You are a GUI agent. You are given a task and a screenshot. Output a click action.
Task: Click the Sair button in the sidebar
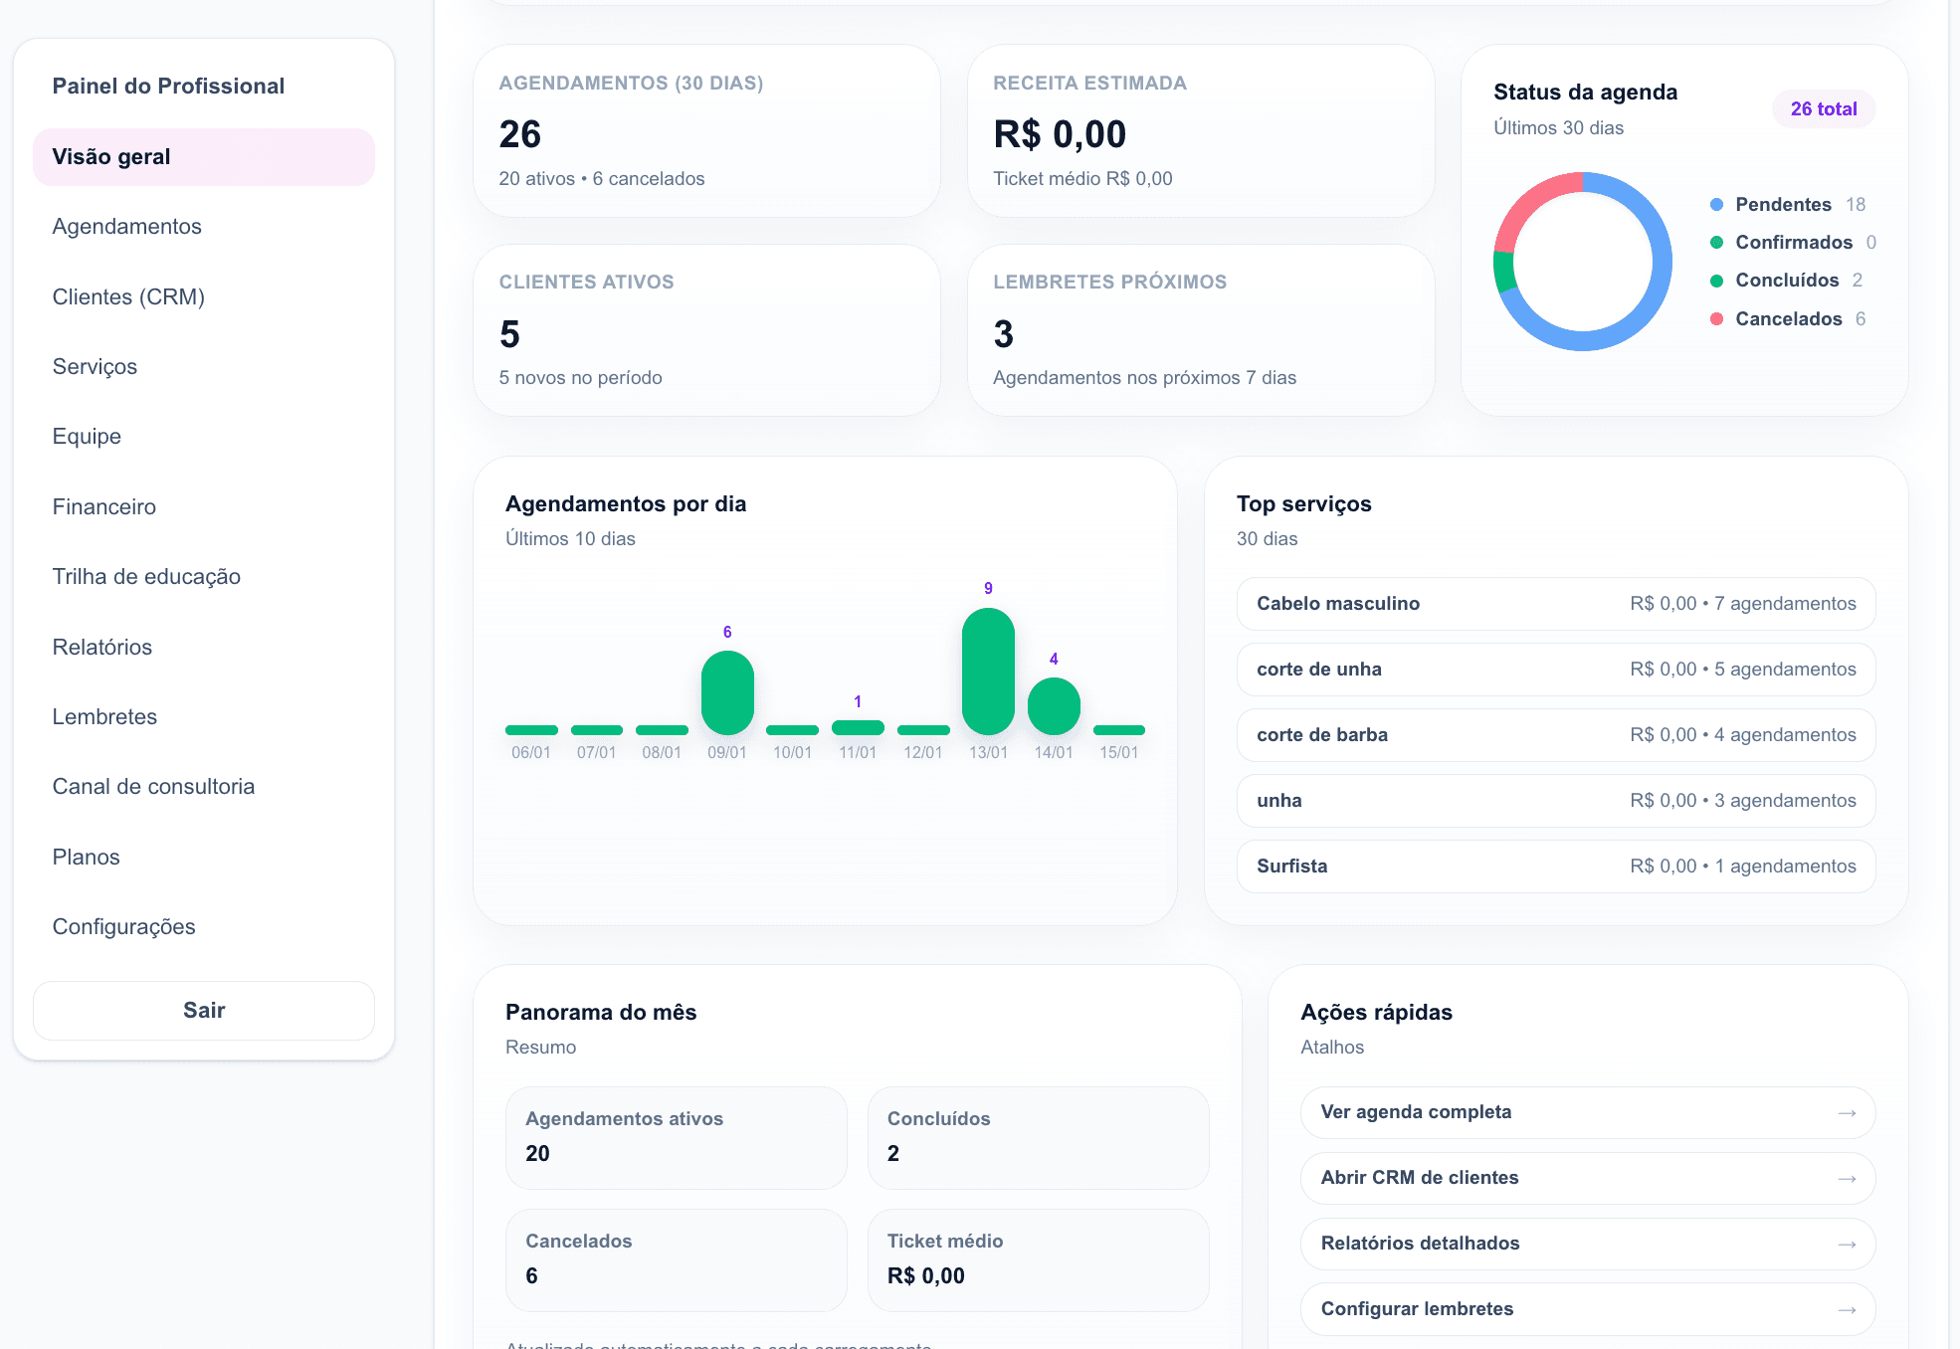coord(204,1010)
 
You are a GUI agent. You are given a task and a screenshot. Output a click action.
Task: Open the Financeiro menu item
coord(104,506)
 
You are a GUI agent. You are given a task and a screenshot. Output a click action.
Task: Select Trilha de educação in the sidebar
coord(146,576)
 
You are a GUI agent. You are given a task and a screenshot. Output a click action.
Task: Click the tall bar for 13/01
coord(988,672)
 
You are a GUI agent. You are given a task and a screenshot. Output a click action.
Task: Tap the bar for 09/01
coord(727,692)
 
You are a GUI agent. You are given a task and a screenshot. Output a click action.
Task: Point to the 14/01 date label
coord(1054,752)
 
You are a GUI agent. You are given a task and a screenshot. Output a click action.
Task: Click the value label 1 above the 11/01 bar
coord(858,701)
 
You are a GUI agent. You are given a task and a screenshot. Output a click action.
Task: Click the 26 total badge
coord(1823,108)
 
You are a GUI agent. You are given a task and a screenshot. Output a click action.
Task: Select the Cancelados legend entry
coord(1788,318)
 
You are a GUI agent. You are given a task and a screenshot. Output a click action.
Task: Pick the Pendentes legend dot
coord(1716,205)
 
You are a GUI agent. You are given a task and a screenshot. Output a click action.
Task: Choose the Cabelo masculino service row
coord(1555,604)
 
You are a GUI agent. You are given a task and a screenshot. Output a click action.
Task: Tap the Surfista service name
coord(1291,866)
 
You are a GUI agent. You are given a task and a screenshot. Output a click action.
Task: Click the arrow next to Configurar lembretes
coord(1847,1309)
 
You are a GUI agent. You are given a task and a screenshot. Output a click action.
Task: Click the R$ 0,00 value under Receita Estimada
coord(1060,134)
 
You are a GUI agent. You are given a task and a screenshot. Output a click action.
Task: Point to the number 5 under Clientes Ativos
coord(509,334)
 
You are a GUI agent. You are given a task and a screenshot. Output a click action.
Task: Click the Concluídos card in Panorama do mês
coord(1038,1137)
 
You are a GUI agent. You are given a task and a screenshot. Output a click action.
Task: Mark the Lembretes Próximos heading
coord(1109,282)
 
